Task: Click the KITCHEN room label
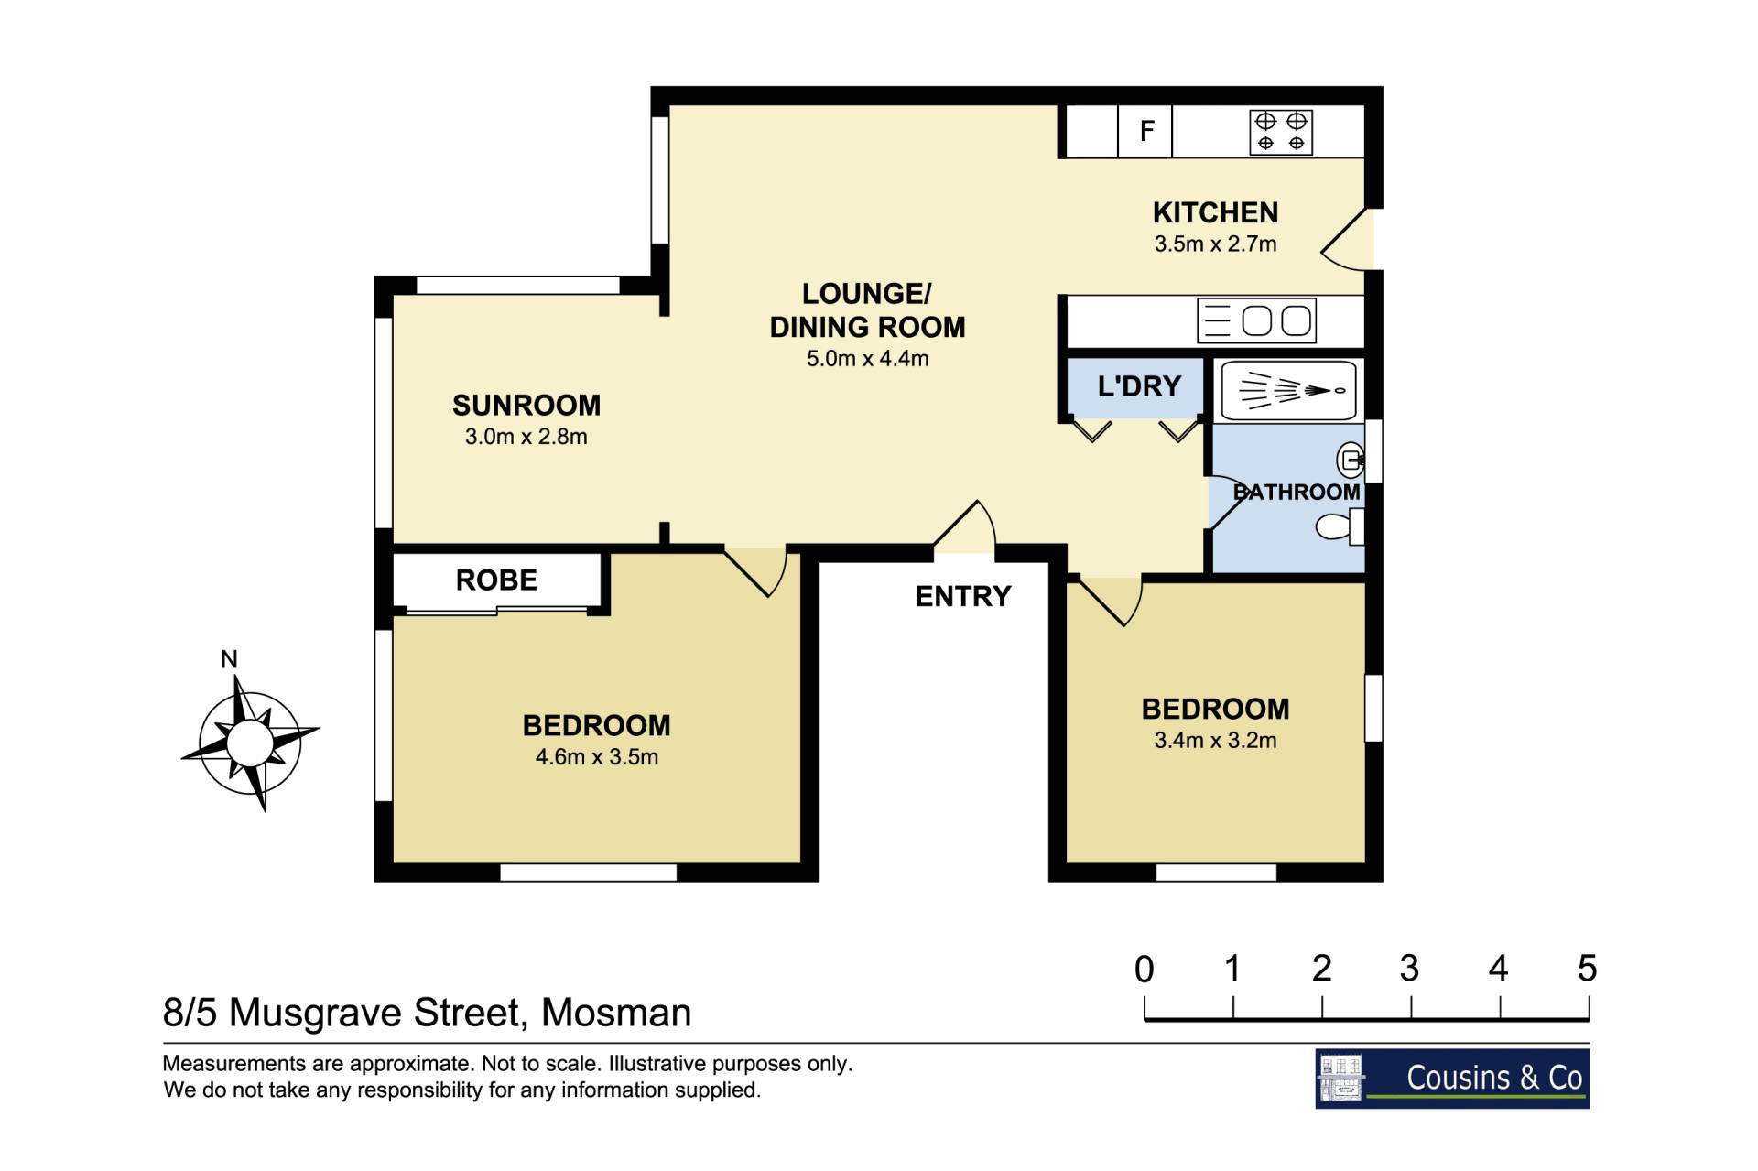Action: pos(1215,212)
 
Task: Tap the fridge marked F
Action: pos(1145,131)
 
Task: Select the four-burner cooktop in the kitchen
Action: pos(1281,132)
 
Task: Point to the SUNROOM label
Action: pos(526,405)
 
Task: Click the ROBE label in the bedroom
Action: pos(496,580)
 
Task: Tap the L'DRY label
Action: pos(1139,386)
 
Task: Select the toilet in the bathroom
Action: pos(1340,526)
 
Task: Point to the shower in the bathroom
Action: pos(1289,390)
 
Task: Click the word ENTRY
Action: pos(963,597)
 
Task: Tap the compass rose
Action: pos(249,743)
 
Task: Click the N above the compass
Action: pos(229,659)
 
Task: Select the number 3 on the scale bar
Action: pos(1409,969)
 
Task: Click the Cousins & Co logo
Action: pos(1452,1079)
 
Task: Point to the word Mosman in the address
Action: pos(616,1013)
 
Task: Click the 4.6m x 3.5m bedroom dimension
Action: pos(597,757)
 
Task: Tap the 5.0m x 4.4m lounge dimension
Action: pos(867,359)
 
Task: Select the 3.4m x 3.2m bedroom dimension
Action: pos(1215,741)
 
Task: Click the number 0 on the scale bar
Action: pos(1145,969)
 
